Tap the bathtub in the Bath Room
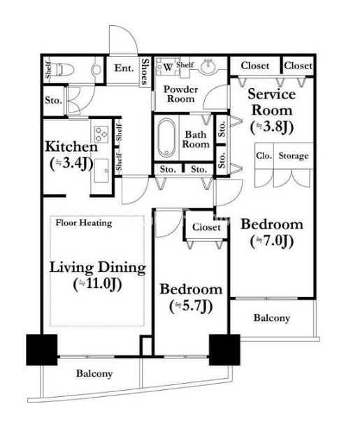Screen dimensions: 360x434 (166, 138)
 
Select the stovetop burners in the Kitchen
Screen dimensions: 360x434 (101, 134)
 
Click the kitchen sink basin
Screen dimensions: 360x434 (101, 171)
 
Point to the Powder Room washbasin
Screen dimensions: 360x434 (208, 66)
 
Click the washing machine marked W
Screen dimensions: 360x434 (167, 66)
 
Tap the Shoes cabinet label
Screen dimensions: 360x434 (145, 71)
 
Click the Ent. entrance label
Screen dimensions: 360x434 (124, 68)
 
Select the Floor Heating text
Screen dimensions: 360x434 (84, 223)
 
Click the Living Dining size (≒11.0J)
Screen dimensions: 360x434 (97, 284)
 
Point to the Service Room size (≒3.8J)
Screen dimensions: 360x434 (272, 127)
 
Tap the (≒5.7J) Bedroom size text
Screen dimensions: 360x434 (191, 306)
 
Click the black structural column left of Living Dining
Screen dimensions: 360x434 (42, 350)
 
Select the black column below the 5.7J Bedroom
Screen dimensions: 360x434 (224, 350)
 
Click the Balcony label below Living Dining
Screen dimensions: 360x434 (94, 374)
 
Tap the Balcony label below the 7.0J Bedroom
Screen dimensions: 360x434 (272, 318)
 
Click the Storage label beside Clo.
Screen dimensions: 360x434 (294, 156)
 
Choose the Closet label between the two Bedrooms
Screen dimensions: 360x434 (206, 227)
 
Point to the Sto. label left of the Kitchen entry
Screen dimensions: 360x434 (53, 100)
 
